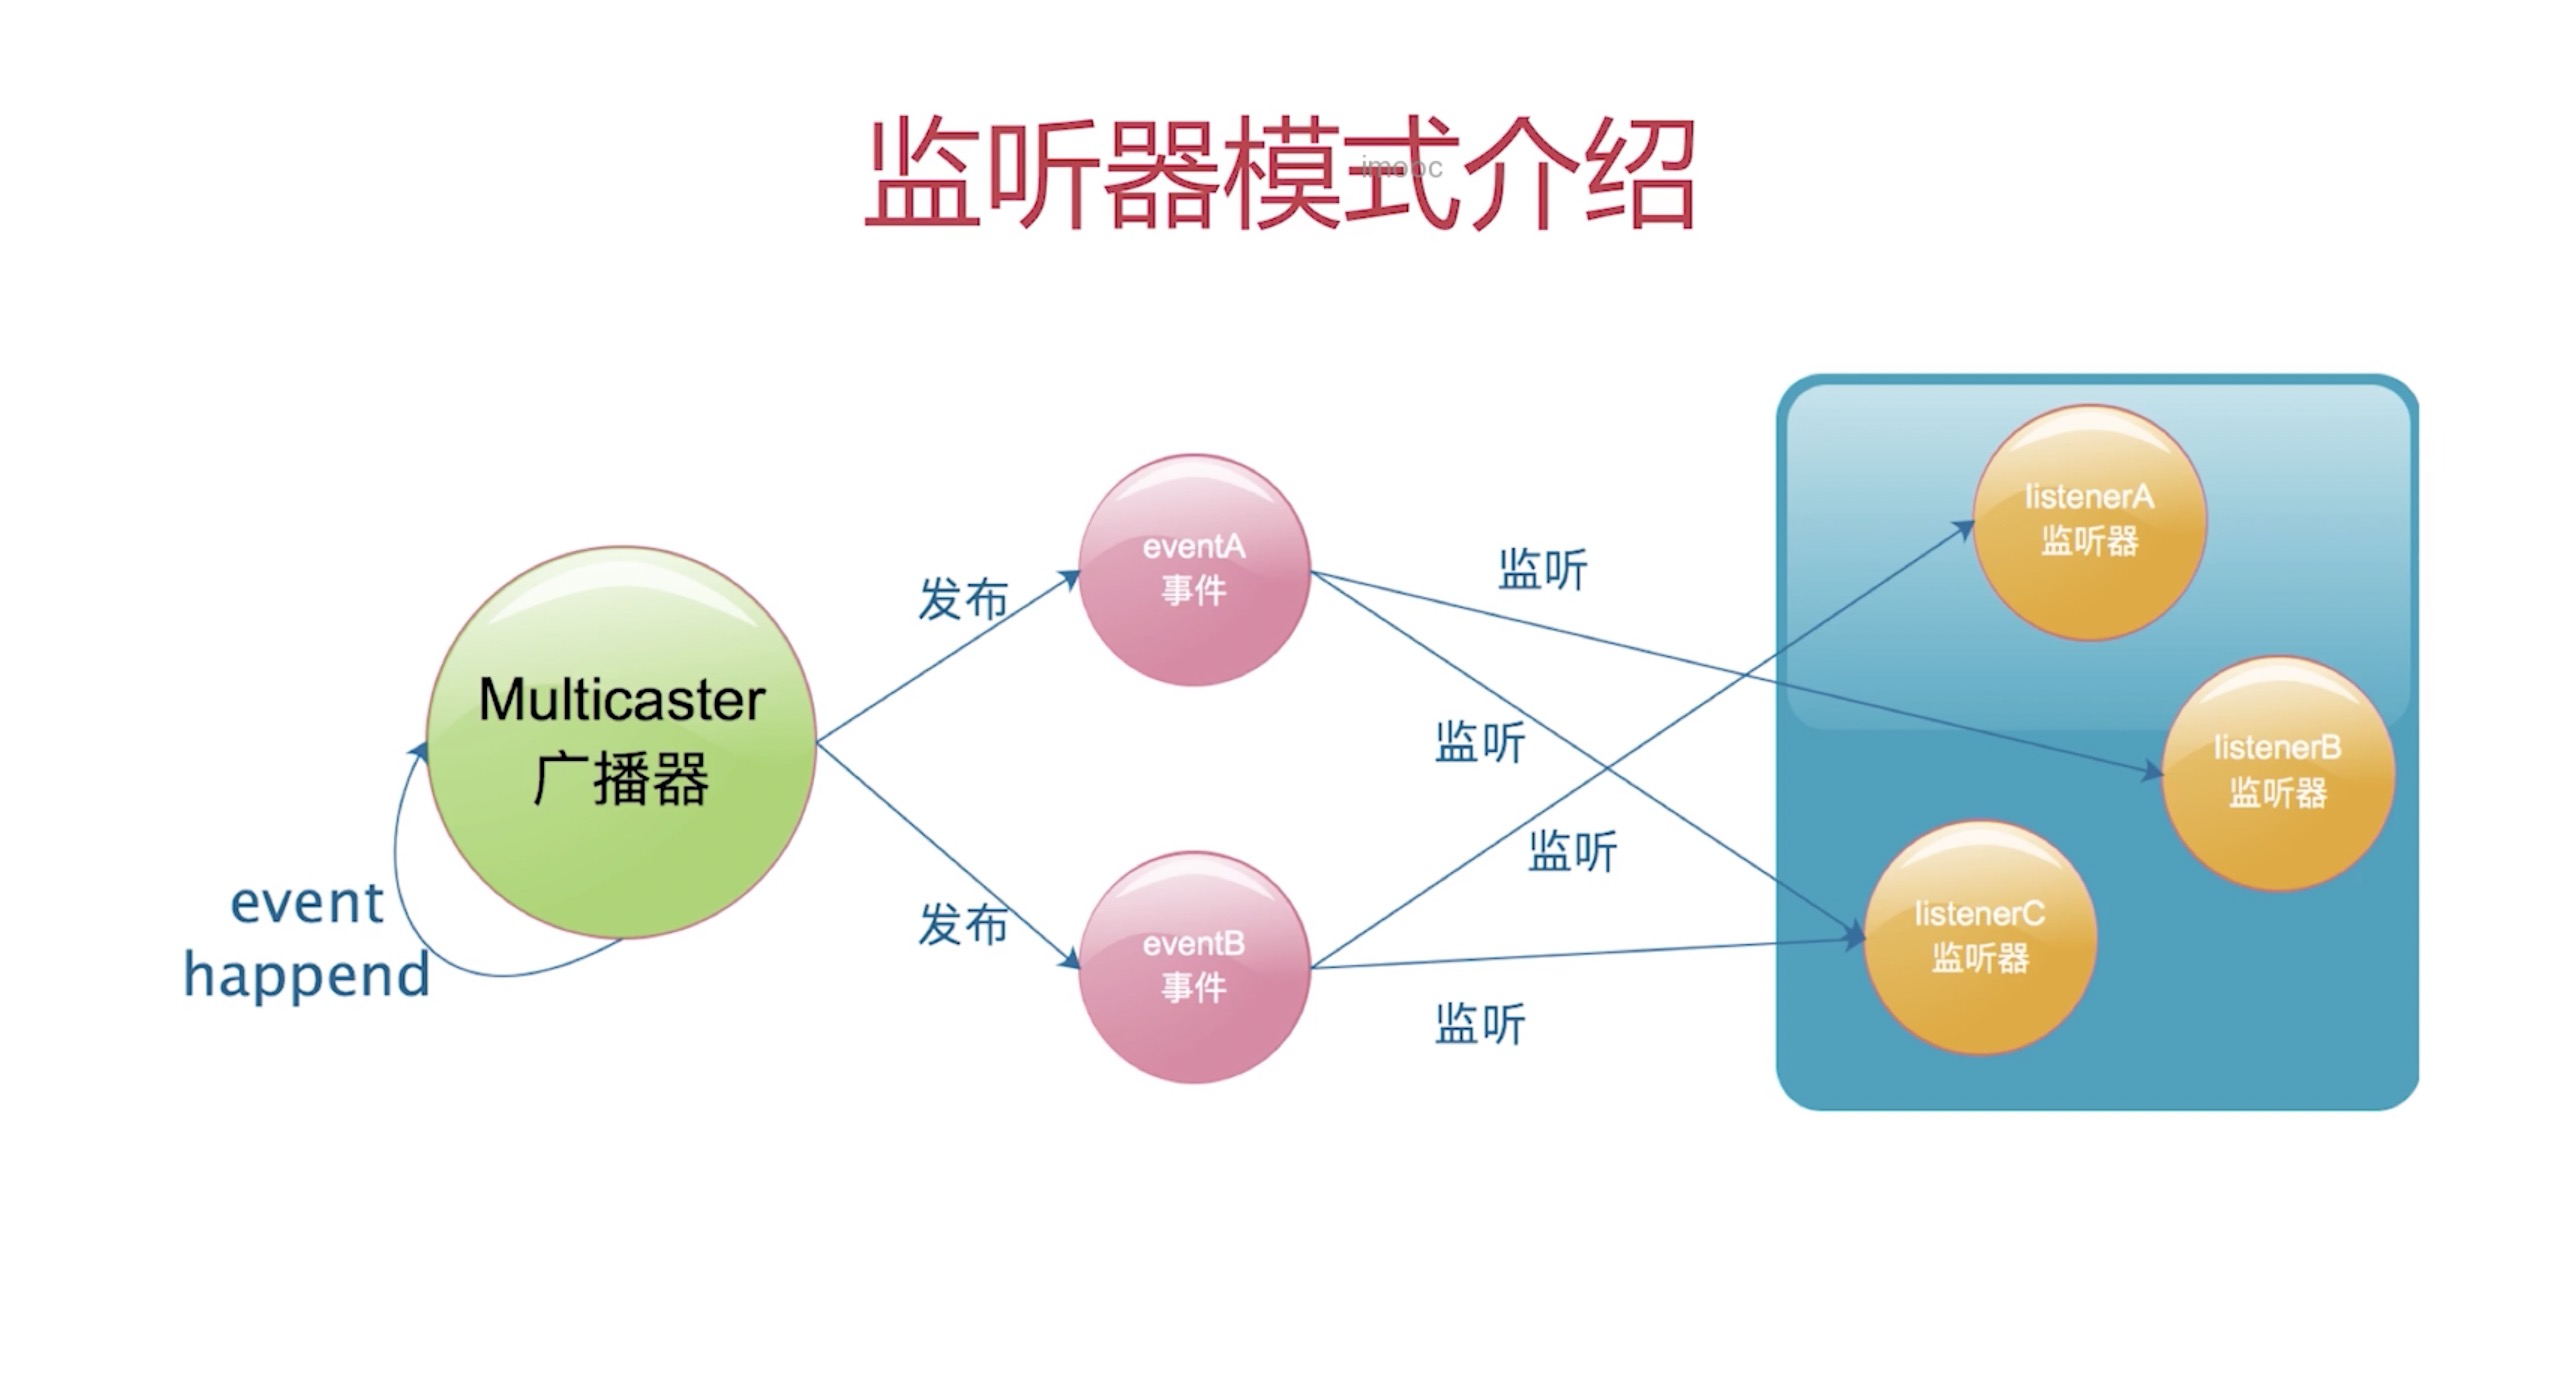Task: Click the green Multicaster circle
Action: [621, 742]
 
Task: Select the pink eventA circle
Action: [1194, 570]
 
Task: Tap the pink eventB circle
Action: [1194, 967]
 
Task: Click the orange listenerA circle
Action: [2089, 521]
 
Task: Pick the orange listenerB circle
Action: [2277, 772]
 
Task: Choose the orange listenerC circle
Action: [1979, 937]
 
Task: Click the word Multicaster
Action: [621, 700]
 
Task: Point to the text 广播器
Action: [621, 779]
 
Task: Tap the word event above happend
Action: [306, 903]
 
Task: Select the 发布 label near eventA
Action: [962, 599]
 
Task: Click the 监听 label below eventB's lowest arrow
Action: [1479, 1024]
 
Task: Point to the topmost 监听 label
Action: [1541, 570]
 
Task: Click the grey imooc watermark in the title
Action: [1401, 167]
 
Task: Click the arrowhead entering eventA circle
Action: [1071, 577]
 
